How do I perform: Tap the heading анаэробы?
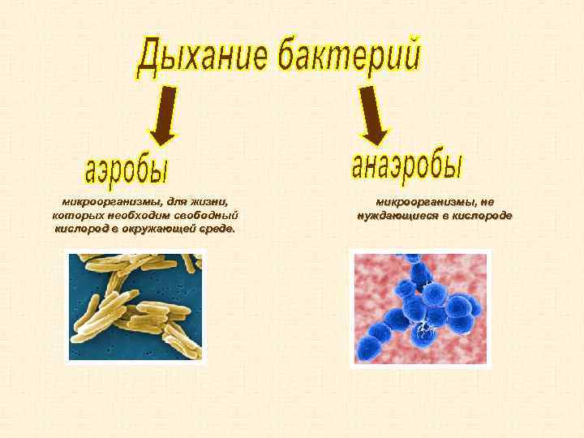(x=408, y=163)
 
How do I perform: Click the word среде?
(x=219, y=229)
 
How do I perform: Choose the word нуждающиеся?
(x=395, y=216)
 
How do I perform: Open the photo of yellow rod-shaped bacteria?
(x=135, y=306)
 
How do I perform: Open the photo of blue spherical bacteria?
(x=421, y=307)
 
